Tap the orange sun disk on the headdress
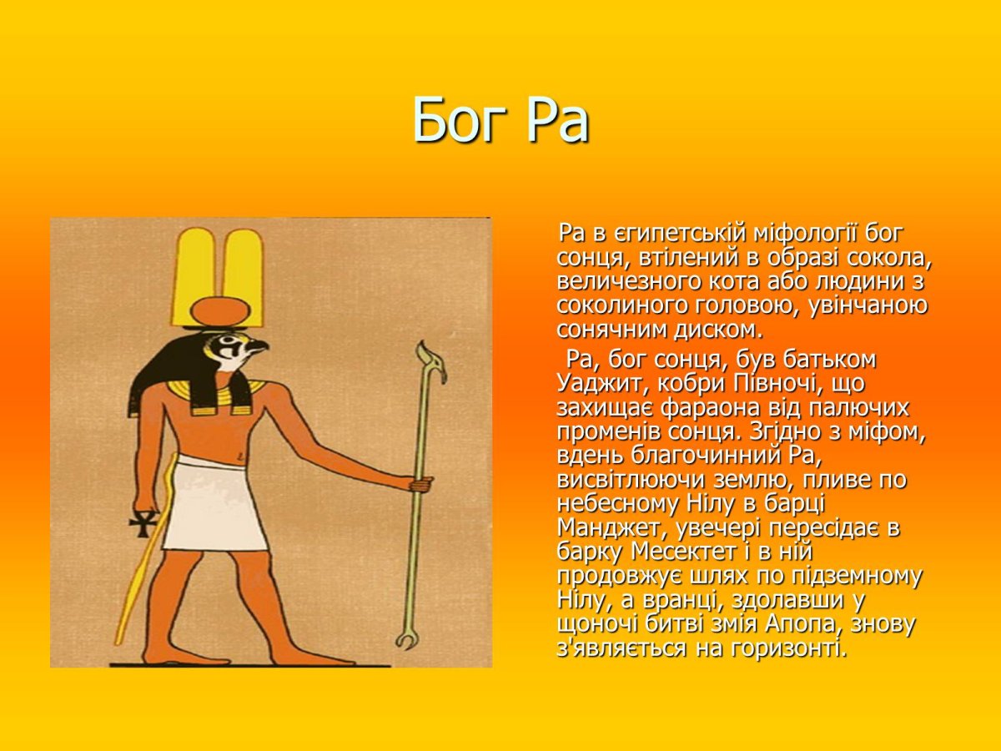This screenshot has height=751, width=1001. tap(220, 311)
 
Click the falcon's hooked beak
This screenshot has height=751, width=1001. tap(261, 348)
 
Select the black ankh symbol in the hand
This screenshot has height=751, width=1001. tap(144, 523)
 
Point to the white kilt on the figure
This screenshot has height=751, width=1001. tap(214, 507)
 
